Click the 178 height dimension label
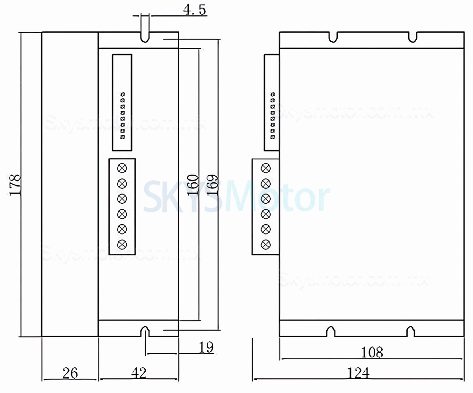click(16, 185)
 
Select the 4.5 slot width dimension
click(194, 10)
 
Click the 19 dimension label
click(206, 348)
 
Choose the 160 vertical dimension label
click(193, 185)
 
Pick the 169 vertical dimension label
click(212, 185)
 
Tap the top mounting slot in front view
click(144, 37)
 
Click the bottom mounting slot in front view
click(144, 331)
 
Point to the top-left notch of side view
click(334, 36)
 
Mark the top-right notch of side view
click(412, 36)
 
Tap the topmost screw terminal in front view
click(123, 167)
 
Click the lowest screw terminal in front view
click(123, 244)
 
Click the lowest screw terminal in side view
click(266, 244)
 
